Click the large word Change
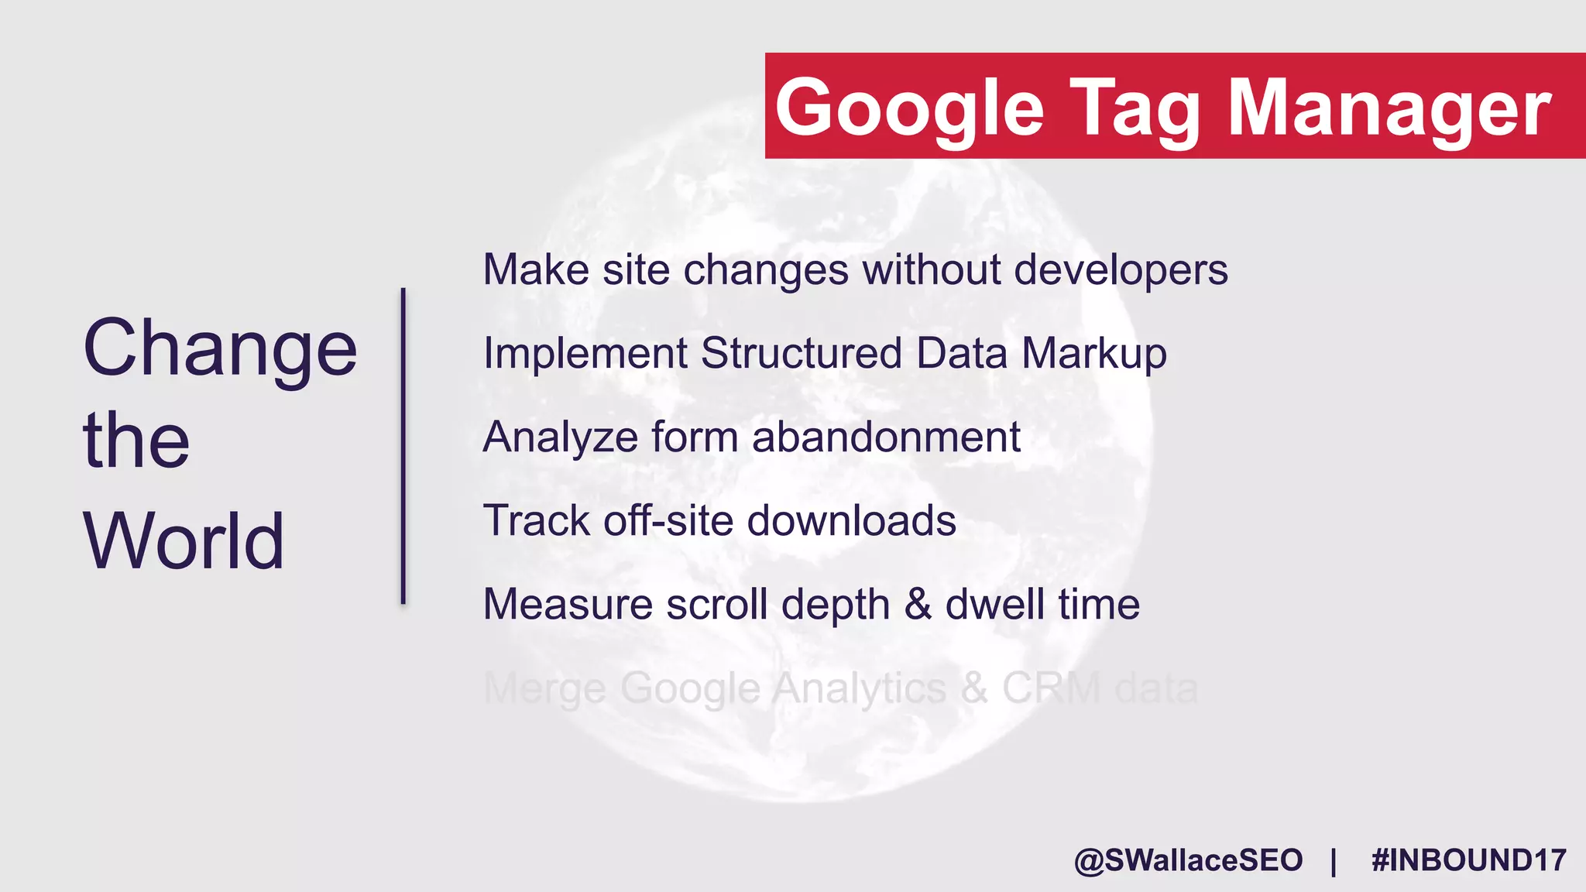coord(220,348)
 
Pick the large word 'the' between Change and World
coord(136,441)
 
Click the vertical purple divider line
coord(403,445)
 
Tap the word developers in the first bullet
coord(1121,270)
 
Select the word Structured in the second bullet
coord(802,354)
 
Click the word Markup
coord(1093,354)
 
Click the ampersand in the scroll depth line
coord(918,604)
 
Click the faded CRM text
coord(1051,688)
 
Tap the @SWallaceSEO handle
coord(1188,860)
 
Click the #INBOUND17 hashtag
coord(1468,860)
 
